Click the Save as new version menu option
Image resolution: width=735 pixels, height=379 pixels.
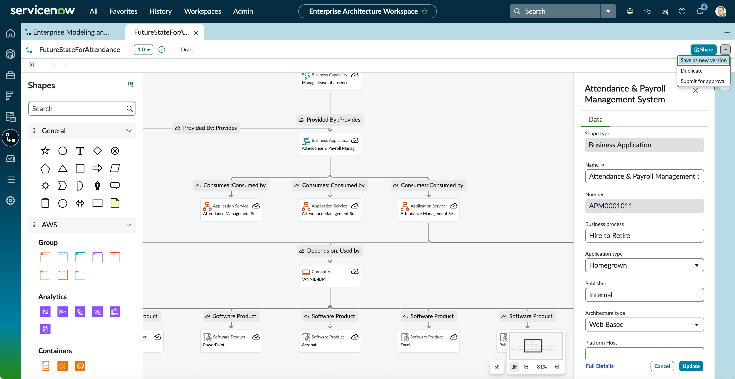[703, 60]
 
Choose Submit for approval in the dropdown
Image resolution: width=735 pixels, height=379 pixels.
[703, 81]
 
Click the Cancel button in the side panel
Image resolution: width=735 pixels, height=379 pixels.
[662, 366]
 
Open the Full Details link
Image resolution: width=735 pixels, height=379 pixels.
[599, 366]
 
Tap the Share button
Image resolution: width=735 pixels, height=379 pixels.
[703, 49]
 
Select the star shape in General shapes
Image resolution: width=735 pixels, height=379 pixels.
[45, 151]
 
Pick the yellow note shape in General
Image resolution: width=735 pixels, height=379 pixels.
[115, 203]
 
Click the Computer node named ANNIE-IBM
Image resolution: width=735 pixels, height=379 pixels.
[330, 275]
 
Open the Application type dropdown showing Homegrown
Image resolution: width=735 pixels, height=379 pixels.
[644, 265]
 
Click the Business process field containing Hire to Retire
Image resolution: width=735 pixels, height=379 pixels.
[644, 235]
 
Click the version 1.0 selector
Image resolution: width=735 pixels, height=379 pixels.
[143, 49]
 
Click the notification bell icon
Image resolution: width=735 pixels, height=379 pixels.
[700, 11]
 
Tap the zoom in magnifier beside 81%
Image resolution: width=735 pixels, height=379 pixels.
[557, 367]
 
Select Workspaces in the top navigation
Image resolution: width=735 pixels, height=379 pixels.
[202, 11]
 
